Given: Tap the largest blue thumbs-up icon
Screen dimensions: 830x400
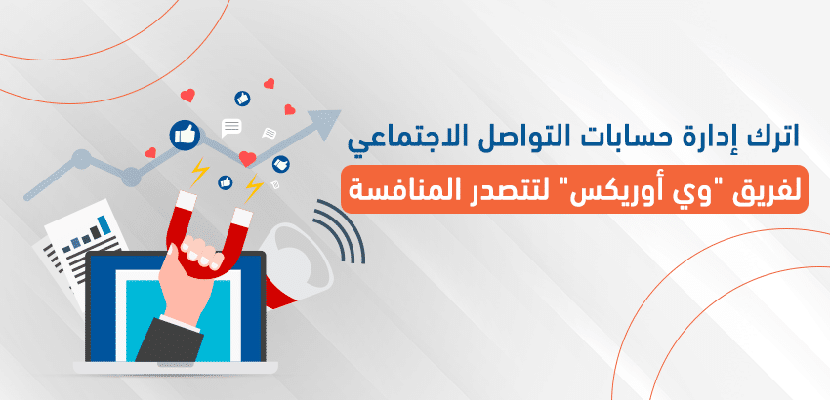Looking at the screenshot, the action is (x=185, y=136).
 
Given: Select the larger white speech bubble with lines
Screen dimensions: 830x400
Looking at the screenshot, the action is (x=231, y=128).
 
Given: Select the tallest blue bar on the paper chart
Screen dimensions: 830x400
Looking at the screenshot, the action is (x=104, y=225).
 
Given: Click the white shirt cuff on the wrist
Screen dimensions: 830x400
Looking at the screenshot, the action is (x=181, y=323).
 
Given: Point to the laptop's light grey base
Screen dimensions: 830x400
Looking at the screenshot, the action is (x=175, y=368).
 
